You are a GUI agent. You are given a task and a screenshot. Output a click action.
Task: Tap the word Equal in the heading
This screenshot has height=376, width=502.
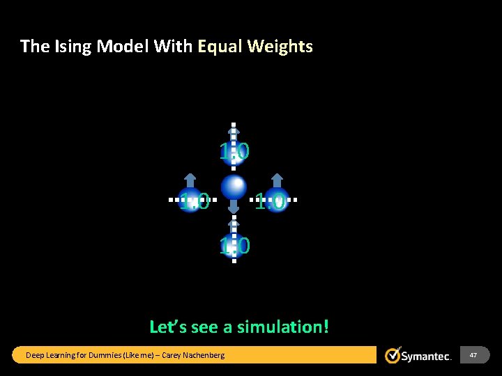coord(221,47)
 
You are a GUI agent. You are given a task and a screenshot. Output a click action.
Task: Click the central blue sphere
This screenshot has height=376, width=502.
coord(234,187)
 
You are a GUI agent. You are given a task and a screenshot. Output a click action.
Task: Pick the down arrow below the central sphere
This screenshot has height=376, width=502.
coord(234,205)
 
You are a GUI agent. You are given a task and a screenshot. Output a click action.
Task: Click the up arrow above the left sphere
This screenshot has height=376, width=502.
coord(190,179)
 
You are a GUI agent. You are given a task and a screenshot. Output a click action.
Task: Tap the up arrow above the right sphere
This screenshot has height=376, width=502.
coord(277,179)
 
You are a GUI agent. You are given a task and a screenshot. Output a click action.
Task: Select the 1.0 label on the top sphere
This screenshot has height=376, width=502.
coord(234,151)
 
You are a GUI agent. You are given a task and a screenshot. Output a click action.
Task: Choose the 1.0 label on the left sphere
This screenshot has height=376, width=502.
coord(194,203)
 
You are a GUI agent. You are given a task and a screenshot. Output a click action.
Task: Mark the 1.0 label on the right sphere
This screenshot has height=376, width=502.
coord(270,203)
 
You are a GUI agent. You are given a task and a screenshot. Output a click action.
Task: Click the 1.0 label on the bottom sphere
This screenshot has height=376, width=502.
coord(235,246)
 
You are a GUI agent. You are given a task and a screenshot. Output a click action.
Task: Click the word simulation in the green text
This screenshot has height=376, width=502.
coord(282,327)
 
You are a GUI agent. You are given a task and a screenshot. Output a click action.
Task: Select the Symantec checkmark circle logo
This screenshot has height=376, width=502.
coord(393,355)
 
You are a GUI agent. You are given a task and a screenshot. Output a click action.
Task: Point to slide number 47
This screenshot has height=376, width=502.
coord(473,355)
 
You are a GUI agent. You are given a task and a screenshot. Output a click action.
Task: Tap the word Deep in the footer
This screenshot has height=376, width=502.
coord(34,355)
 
